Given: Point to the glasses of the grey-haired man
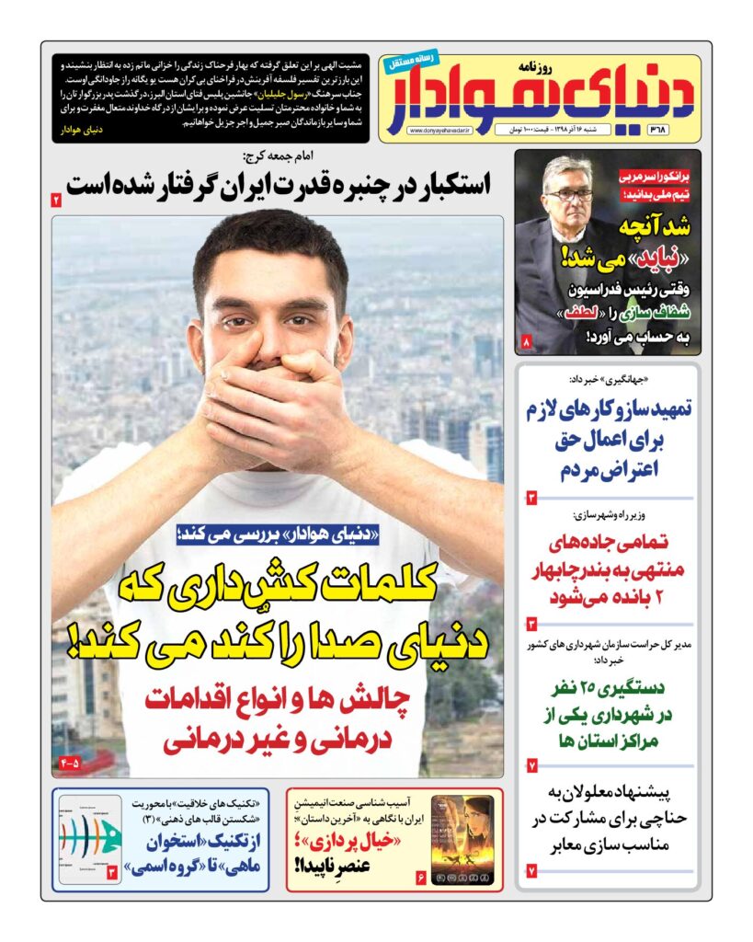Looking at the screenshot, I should tap(570, 194).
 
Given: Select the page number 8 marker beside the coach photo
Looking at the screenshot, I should tap(527, 342).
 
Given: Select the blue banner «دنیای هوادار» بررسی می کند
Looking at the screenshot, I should tap(277, 535).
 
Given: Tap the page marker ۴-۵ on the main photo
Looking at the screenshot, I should tap(70, 763).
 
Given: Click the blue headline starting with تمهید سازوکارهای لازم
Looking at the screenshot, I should tap(608, 440).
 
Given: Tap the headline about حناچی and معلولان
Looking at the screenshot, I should tap(608, 817).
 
